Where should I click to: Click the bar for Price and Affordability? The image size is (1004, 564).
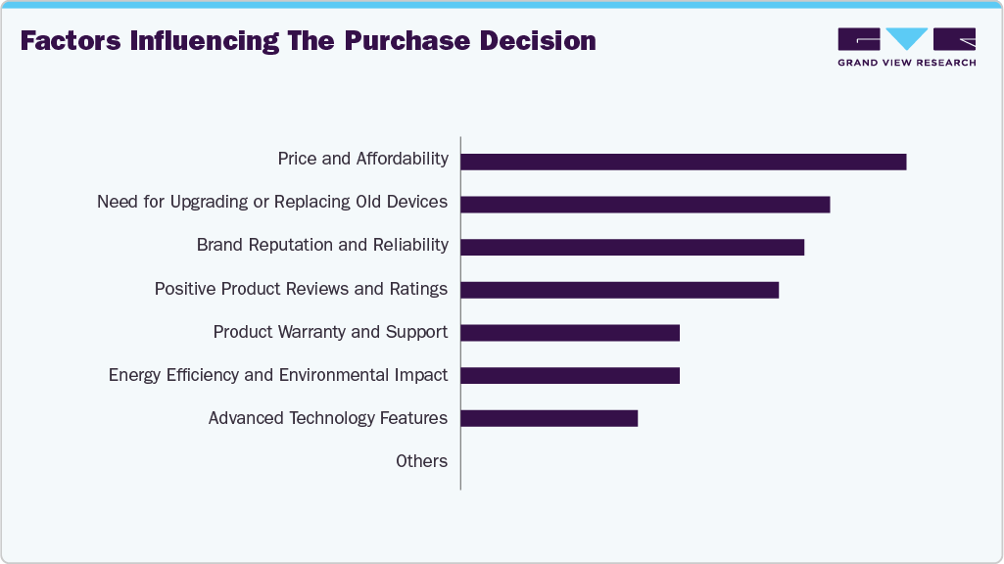point(683,162)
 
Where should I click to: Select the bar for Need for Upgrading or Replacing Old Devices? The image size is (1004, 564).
point(645,205)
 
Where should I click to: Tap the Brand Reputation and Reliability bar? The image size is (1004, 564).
point(632,247)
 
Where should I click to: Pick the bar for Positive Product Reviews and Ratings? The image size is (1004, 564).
point(619,290)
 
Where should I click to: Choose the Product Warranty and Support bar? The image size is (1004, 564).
point(569,333)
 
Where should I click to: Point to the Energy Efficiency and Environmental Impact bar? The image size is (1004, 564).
point(569,375)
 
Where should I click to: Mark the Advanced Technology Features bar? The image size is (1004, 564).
point(549,418)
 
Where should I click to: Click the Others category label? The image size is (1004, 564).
point(421,461)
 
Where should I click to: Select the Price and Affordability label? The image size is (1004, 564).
point(362,159)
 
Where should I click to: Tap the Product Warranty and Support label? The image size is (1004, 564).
point(330,332)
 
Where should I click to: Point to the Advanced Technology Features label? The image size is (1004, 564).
point(327,418)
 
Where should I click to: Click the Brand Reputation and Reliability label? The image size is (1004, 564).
point(322,245)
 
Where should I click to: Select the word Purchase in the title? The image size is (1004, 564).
point(399,41)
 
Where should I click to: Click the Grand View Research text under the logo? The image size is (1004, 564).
point(906,63)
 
